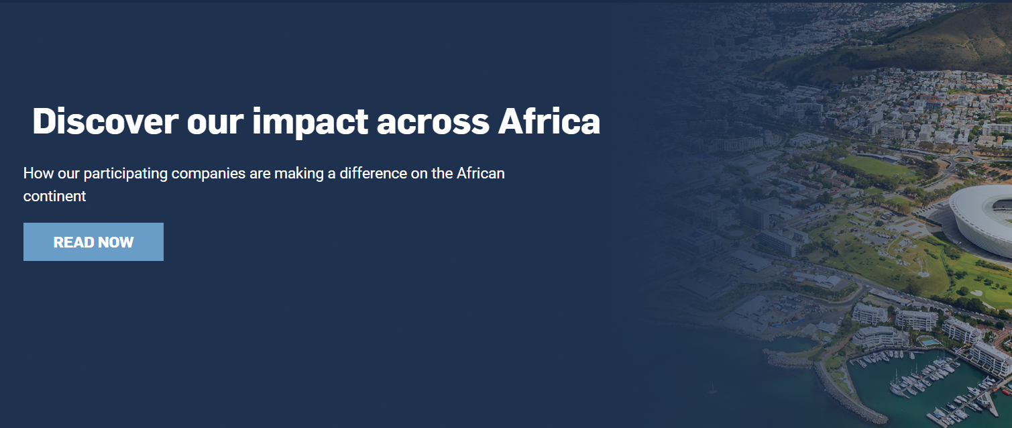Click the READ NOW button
pyautogui.click(x=93, y=242)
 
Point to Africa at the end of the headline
pyautogui.click(x=549, y=121)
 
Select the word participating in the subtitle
pyautogui.click(x=125, y=173)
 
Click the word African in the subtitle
pyautogui.click(x=480, y=173)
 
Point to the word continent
pyautogui.click(x=54, y=196)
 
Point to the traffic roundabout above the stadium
pyautogui.click(x=964, y=159)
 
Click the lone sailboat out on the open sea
pyautogui.click(x=712, y=388)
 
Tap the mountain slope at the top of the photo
pyautogui.click(x=939, y=40)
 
